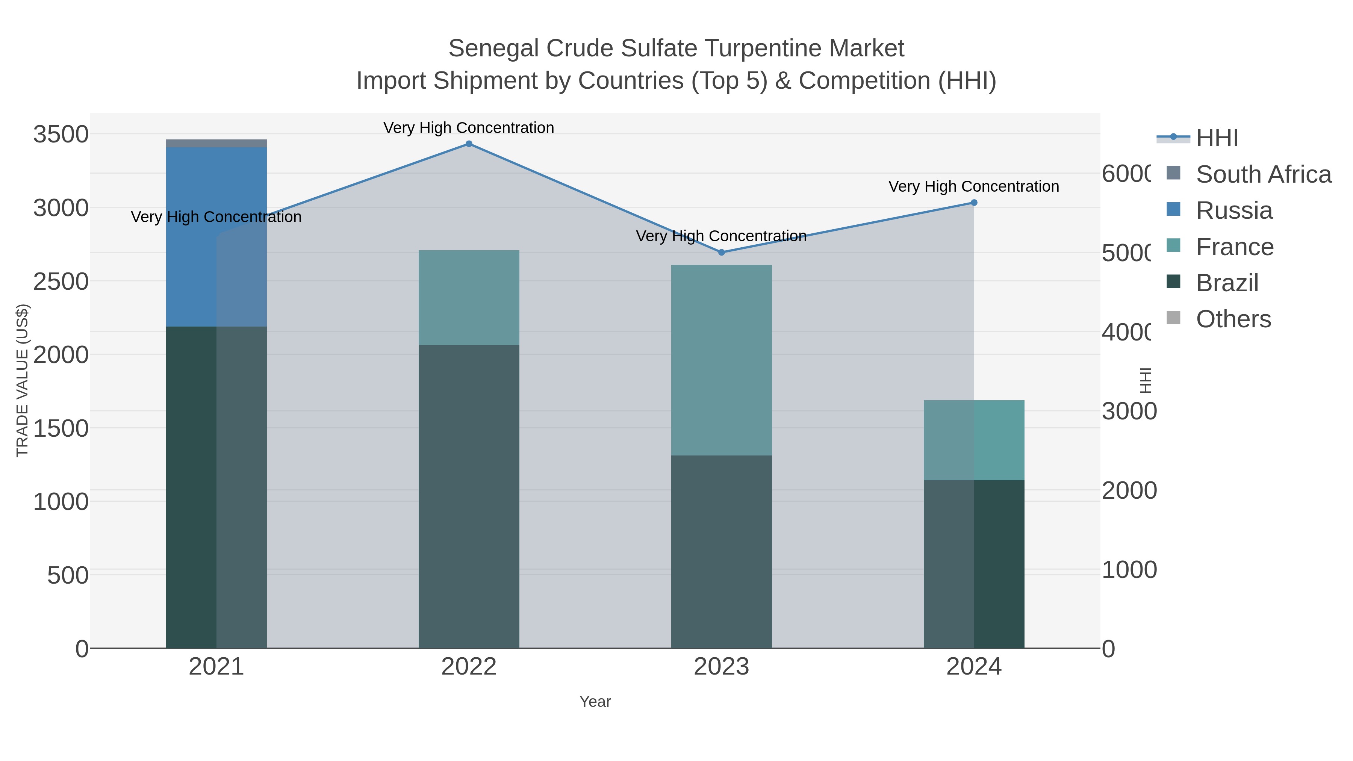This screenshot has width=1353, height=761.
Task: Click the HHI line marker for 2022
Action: click(469, 144)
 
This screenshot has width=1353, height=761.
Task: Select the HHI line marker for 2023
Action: click(721, 252)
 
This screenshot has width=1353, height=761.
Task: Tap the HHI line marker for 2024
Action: click(974, 203)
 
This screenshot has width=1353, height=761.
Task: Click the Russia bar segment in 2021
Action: click(216, 236)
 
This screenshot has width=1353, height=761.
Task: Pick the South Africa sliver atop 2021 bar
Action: click(216, 144)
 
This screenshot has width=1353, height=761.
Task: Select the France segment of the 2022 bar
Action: click(469, 297)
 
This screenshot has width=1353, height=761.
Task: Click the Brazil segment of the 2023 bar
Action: click(721, 551)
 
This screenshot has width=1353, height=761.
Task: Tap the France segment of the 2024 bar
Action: click(974, 440)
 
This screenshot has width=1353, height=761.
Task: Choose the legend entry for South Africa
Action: click(1263, 174)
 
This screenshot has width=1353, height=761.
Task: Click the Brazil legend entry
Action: click(1227, 283)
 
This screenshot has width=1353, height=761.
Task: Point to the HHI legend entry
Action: click(1217, 138)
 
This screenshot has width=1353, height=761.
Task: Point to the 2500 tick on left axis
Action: click(61, 282)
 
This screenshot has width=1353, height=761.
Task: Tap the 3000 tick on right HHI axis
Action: click(1129, 412)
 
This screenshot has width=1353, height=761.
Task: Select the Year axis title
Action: click(595, 702)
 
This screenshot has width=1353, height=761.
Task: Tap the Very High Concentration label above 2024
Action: click(973, 186)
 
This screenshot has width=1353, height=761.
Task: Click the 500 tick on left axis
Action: click(68, 576)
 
